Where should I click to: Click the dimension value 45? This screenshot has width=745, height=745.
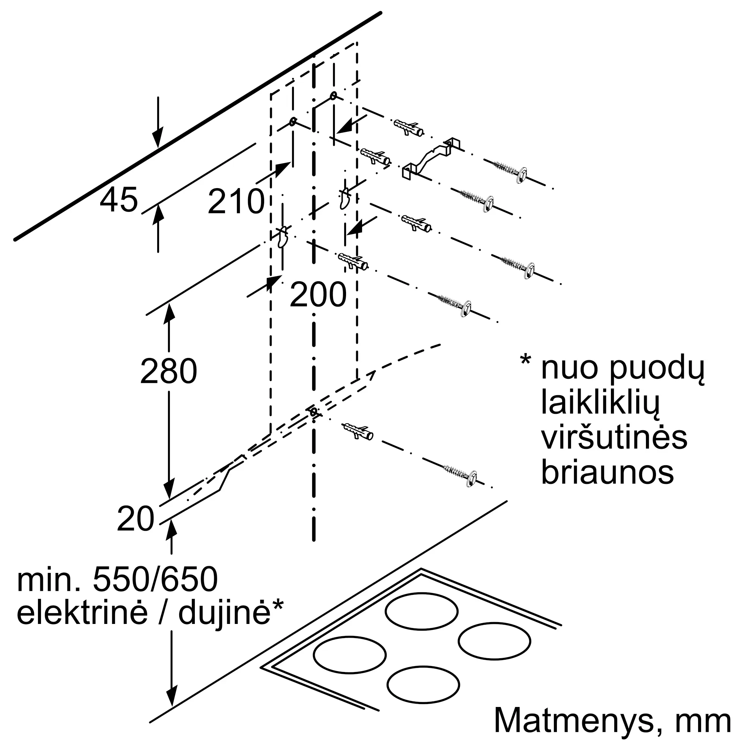click(x=119, y=200)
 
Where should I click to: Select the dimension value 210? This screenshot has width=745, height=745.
click(x=236, y=201)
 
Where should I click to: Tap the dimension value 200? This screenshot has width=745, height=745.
click(x=318, y=295)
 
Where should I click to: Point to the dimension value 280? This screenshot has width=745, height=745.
click(x=168, y=371)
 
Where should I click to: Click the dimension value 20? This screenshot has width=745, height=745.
click(x=136, y=519)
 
